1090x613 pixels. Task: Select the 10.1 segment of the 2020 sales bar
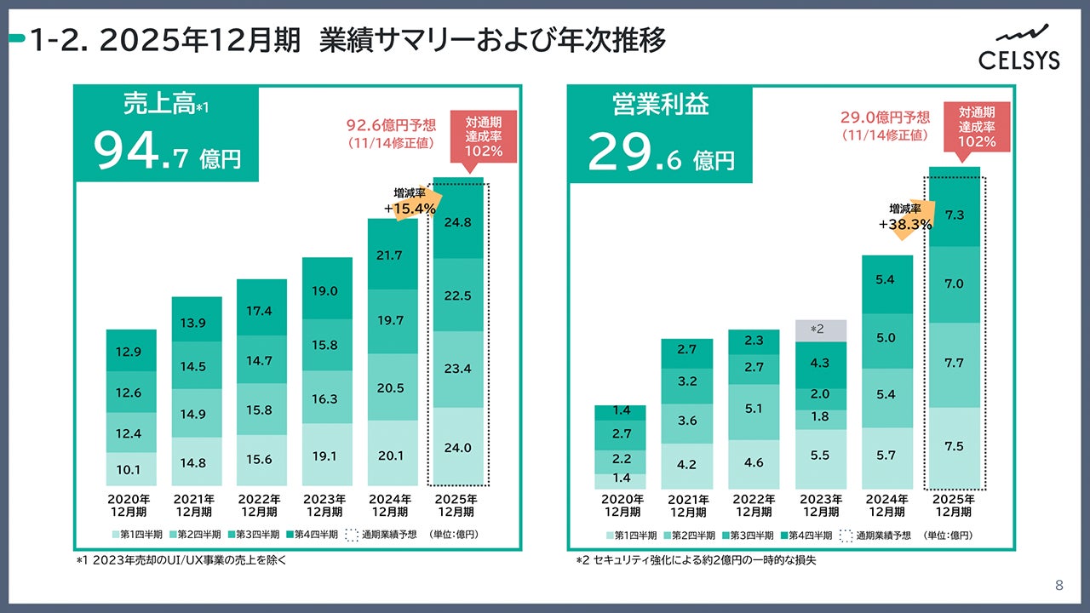(131, 469)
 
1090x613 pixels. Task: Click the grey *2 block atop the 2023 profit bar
(821, 329)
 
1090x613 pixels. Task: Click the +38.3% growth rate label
(905, 225)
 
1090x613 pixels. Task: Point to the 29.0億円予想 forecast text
(886, 117)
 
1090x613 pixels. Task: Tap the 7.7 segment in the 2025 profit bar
(955, 363)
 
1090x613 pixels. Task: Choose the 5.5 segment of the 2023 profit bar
(821, 455)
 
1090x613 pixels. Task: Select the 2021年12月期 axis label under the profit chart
(687, 506)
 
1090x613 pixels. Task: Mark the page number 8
(1058, 585)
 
